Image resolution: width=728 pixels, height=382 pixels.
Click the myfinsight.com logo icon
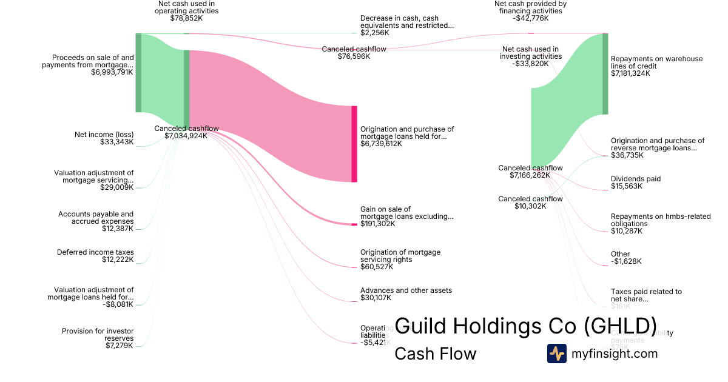556,354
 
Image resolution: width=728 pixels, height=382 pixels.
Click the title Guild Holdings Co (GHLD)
525,326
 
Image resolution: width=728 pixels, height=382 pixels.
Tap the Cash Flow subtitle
435,354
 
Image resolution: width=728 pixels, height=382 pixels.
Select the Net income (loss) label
104,135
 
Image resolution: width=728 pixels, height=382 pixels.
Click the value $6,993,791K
112,72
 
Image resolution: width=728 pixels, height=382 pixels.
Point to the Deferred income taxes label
95,252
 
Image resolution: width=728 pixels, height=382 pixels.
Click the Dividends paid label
636,179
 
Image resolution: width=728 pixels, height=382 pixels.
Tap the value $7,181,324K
630,73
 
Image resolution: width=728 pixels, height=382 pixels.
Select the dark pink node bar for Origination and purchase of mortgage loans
354,144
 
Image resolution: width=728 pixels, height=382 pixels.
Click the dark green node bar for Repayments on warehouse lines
605,73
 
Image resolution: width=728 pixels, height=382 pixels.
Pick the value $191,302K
377,224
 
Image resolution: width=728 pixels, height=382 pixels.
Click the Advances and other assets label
406,290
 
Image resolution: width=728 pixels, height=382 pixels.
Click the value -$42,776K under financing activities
530,18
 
